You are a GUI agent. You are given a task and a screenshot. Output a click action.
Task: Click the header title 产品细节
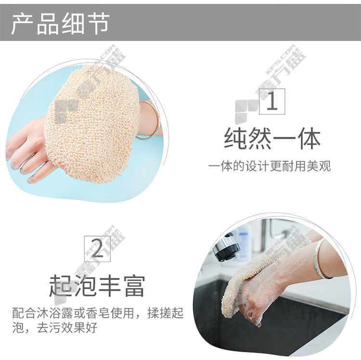click(60, 24)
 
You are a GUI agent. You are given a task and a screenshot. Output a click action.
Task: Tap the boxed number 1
click(272, 101)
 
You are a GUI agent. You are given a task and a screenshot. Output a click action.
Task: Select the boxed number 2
click(97, 249)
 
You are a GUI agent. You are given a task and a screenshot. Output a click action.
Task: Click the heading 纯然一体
click(272, 138)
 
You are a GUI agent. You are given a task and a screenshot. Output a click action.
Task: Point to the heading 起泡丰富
click(97, 286)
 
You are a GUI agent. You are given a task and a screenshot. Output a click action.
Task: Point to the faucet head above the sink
click(226, 248)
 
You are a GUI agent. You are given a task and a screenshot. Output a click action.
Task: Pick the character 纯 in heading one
click(235, 138)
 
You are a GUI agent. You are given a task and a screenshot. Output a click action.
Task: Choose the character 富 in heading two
click(134, 286)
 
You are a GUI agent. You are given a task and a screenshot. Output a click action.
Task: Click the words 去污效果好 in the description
click(67, 328)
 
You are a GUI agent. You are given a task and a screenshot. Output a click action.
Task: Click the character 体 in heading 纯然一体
click(309, 138)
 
